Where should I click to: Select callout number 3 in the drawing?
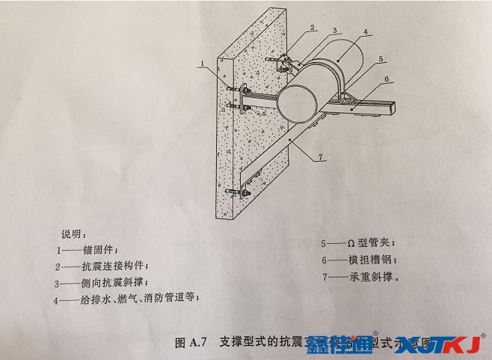336,30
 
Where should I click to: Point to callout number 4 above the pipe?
365,33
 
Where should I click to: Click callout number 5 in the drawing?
380,58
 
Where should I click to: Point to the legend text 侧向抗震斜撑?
121,283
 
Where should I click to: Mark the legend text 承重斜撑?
372,277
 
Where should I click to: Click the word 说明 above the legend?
74,232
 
